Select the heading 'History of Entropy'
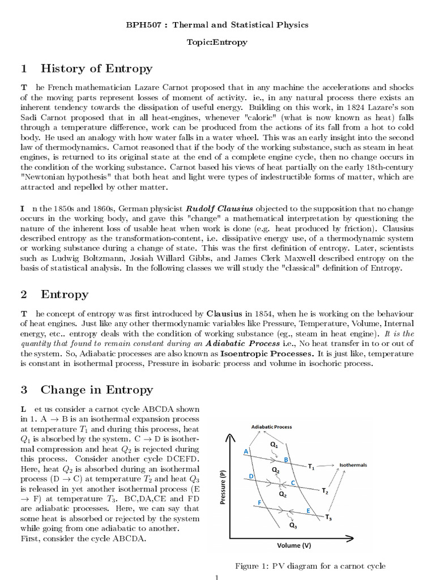tap(96, 69)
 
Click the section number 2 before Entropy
tap(24, 294)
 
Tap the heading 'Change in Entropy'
tap(96, 389)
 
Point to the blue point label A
tap(246, 451)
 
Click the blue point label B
tap(286, 459)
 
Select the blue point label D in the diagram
tap(251, 476)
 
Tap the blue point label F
tap(259, 502)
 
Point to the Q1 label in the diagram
tap(274, 445)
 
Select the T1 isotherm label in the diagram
tap(311, 467)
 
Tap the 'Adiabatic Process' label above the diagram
tap(272, 427)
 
